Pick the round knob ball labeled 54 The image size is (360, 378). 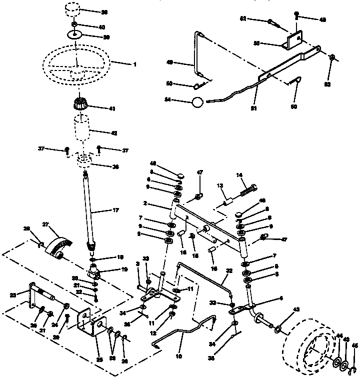(198, 102)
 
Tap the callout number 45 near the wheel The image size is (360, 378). (354, 345)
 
